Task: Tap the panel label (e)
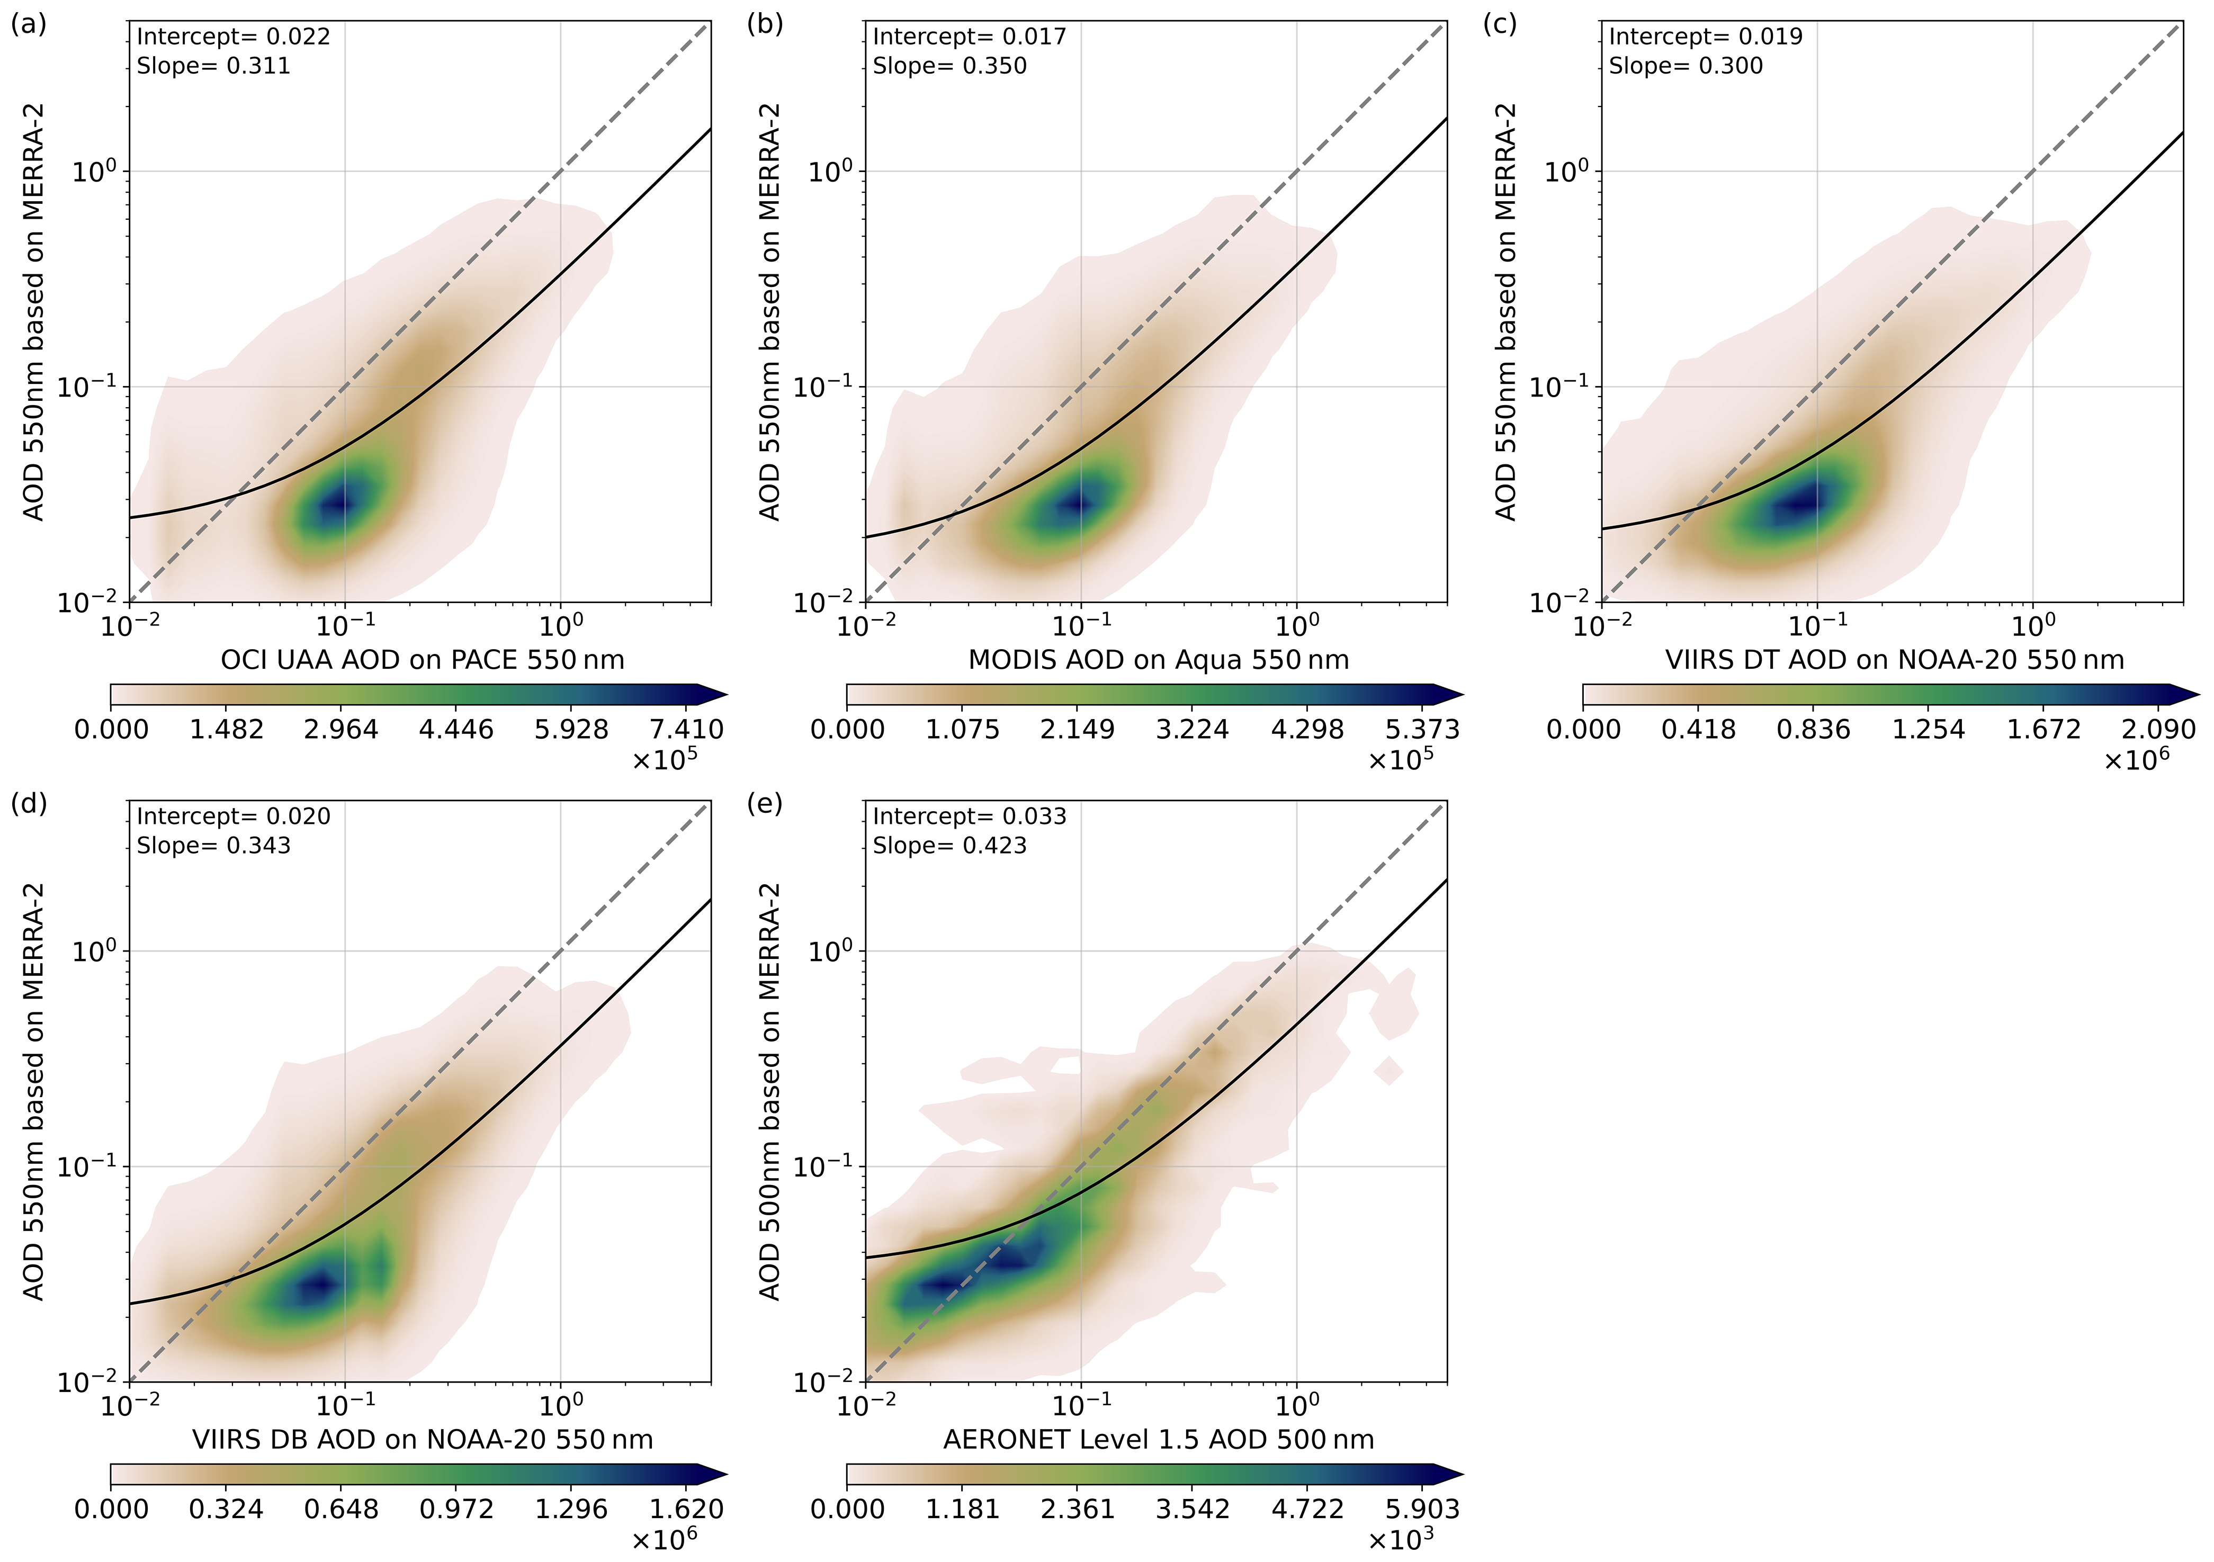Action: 765,803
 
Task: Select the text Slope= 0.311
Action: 213,66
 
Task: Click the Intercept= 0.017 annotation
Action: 969,37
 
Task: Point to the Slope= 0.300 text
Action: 1686,66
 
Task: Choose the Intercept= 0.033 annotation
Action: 969,816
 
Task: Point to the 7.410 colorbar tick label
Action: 687,729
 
